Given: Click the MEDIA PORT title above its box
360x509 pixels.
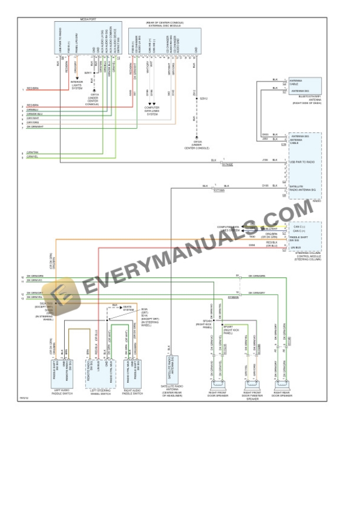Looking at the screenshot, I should pos(88,19).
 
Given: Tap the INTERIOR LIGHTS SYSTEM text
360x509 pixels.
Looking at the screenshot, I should pos(77,86).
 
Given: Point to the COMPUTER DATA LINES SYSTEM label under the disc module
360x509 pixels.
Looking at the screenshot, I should pos(152,112).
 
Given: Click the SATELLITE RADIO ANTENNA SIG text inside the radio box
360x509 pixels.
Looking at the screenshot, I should pos(304,187).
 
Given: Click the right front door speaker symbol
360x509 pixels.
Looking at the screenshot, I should pos(216,386).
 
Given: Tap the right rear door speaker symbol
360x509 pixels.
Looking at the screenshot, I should pos(281,386).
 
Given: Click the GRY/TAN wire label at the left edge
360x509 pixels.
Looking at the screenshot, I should pos(33,152).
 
